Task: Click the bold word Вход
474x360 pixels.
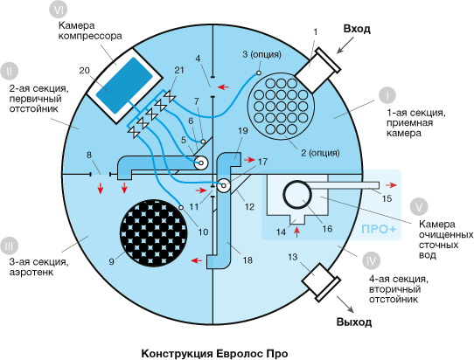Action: (x=357, y=29)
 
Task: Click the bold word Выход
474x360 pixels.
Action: (x=354, y=322)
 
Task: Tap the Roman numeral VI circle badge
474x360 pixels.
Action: (x=58, y=10)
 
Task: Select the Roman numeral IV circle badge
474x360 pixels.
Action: (x=371, y=260)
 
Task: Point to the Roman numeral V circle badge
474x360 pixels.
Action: (x=419, y=207)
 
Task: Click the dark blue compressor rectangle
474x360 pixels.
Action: (x=124, y=86)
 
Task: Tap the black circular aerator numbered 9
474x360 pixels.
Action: (x=154, y=232)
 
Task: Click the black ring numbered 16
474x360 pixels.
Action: (x=297, y=194)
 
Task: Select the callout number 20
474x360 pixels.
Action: (x=85, y=71)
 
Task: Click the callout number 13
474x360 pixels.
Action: (x=292, y=257)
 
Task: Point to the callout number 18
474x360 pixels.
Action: (x=247, y=260)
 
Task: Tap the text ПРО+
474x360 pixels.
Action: (x=379, y=229)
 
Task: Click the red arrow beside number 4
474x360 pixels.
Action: (x=224, y=87)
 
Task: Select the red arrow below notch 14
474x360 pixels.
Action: (x=297, y=232)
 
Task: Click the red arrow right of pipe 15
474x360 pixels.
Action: (x=393, y=185)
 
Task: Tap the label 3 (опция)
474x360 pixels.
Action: (x=261, y=55)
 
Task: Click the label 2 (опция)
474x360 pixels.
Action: (x=320, y=153)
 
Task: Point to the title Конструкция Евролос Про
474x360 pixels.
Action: (x=214, y=353)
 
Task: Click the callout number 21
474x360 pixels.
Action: (x=179, y=71)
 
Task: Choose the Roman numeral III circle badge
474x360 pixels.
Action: (x=9, y=246)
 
